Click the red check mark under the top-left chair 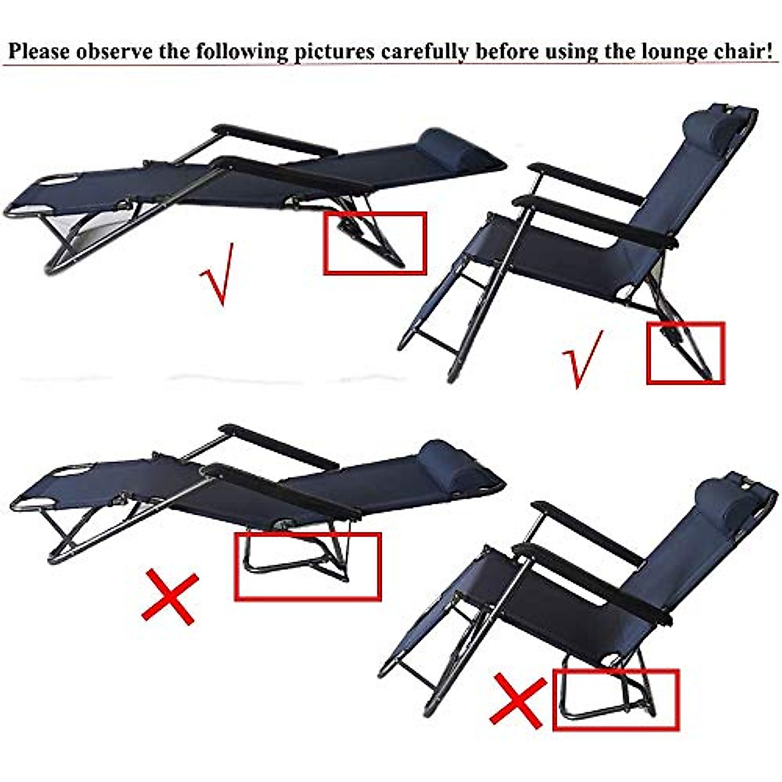click(x=216, y=274)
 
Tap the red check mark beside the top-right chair click(x=582, y=359)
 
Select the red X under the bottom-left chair click(x=169, y=596)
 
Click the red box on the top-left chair click(x=375, y=242)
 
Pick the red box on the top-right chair click(x=685, y=353)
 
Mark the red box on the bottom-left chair click(x=307, y=566)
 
